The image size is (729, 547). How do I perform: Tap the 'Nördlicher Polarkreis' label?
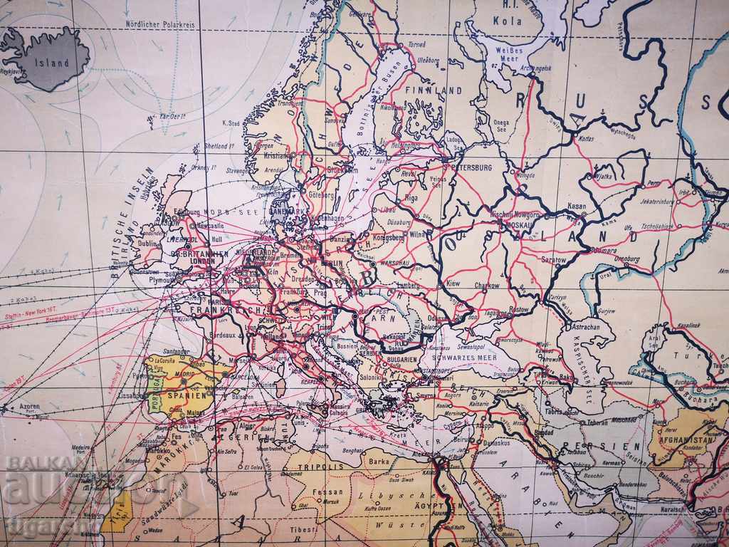point(160,23)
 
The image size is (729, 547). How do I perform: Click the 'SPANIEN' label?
point(187,394)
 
